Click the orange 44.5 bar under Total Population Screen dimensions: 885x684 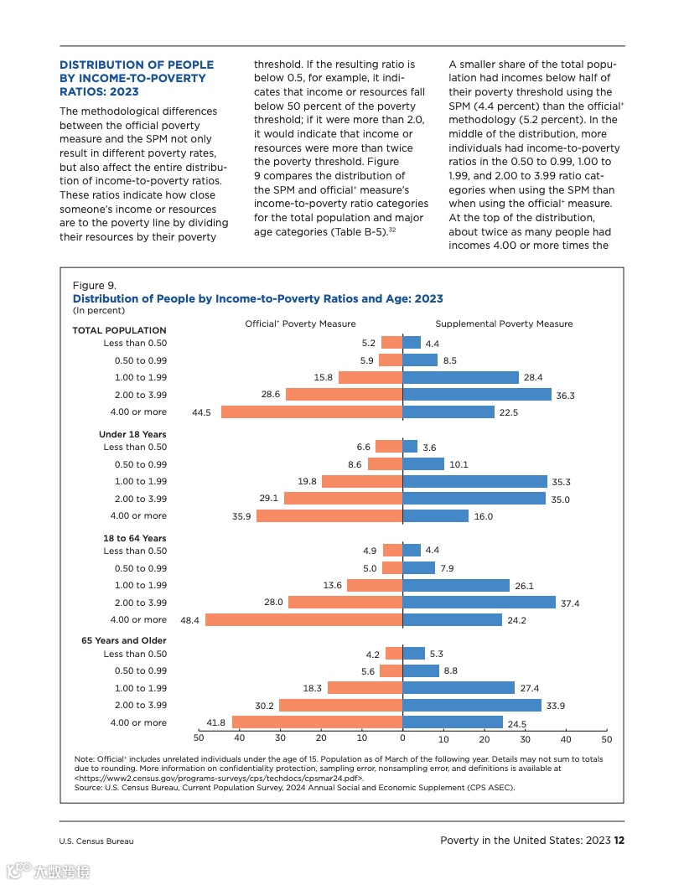(x=312, y=412)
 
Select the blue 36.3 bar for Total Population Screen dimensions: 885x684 (x=477, y=395)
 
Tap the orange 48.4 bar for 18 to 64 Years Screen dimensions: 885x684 (x=304, y=620)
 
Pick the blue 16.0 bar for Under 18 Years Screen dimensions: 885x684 (x=436, y=516)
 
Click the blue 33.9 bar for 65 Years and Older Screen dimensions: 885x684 (x=472, y=706)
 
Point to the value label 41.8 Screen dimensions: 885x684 (x=216, y=722)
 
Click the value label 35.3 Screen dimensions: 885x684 (x=561, y=483)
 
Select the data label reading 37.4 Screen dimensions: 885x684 (x=569, y=603)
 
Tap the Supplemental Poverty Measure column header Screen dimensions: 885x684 (x=504, y=323)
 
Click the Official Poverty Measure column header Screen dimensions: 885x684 (x=300, y=323)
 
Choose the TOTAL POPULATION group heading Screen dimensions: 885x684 (x=119, y=330)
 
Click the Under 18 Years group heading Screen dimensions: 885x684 (x=132, y=434)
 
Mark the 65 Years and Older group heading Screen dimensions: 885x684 (x=124, y=640)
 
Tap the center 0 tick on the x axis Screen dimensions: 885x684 (x=402, y=739)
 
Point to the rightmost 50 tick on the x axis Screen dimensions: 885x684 (x=607, y=739)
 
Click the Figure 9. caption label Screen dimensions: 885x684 (x=94, y=286)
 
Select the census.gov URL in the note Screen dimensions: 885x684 (x=219, y=778)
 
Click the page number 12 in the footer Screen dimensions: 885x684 (x=619, y=841)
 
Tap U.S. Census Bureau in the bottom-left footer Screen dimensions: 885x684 (x=96, y=841)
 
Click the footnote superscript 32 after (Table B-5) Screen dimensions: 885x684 (x=391, y=229)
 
